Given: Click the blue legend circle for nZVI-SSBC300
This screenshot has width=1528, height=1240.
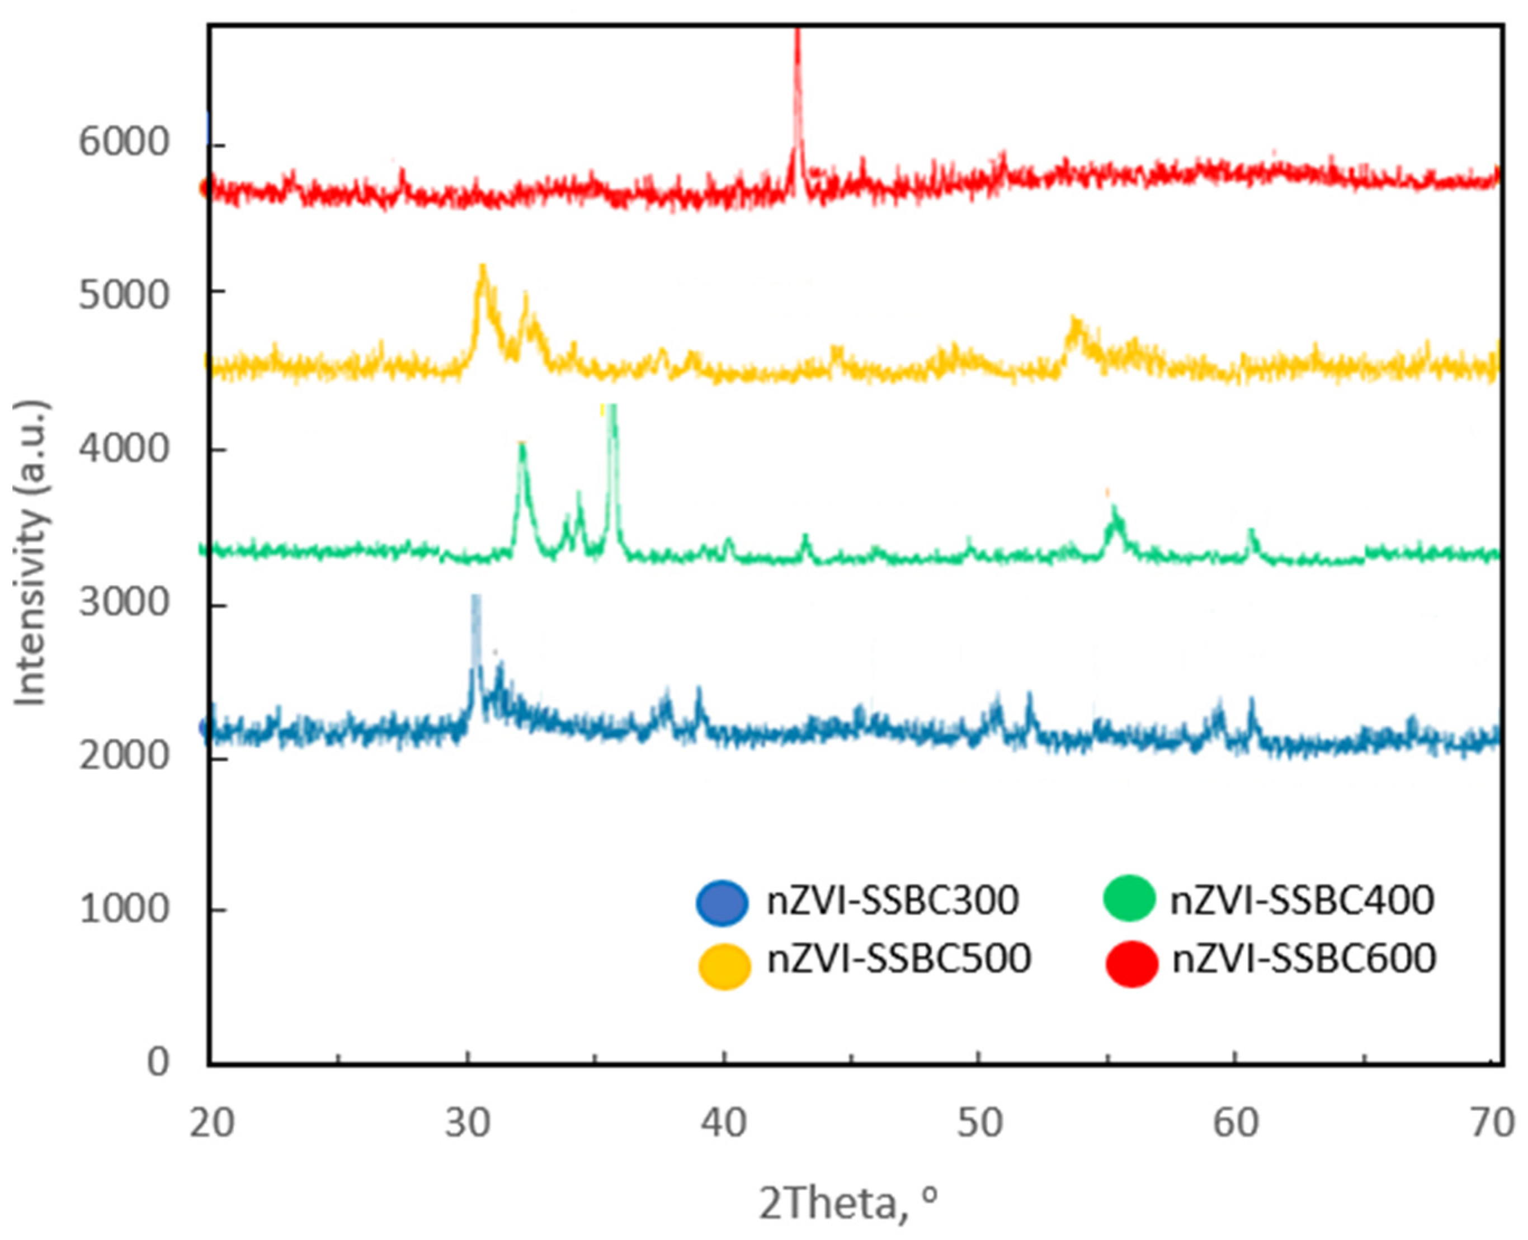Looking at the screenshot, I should (x=722, y=902).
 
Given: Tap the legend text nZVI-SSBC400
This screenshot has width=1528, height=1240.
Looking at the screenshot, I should (x=1301, y=900).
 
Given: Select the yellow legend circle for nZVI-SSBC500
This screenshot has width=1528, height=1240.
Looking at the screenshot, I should (x=724, y=966).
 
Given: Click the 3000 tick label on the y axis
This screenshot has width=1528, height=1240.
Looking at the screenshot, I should (x=123, y=602).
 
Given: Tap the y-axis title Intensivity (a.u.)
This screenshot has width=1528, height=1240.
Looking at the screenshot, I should (x=31, y=554).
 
